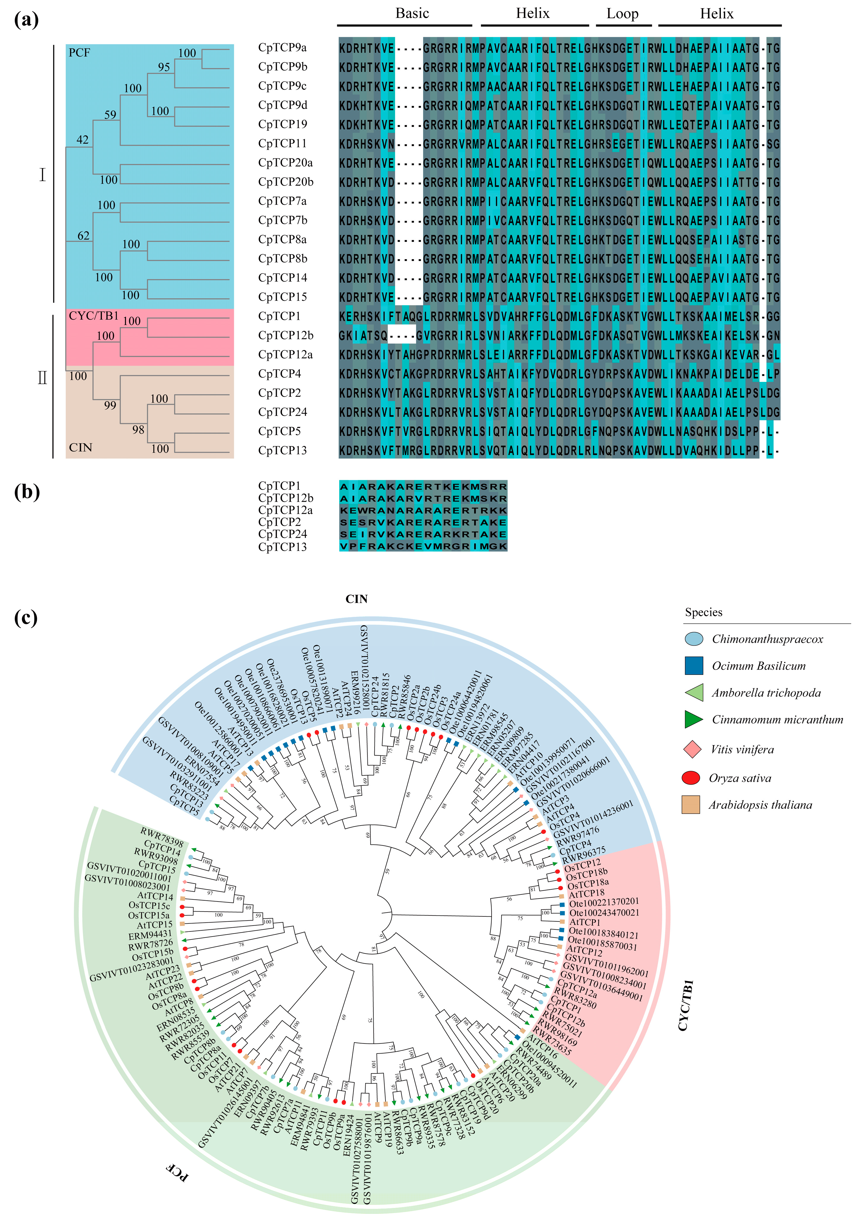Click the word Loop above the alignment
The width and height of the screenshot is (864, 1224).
[x=623, y=14]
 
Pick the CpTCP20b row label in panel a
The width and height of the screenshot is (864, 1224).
[x=285, y=182]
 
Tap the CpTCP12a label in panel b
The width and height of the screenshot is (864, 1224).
[x=285, y=510]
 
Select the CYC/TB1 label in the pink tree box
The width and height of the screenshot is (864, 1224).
[x=93, y=316]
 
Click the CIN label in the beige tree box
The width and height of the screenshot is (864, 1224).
[x=80, y=447]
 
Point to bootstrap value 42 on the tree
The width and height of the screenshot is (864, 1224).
[x=82, y=140]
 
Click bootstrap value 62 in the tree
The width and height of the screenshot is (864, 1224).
[x=83, y=236]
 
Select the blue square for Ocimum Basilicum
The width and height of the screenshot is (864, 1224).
[x=693, y=666]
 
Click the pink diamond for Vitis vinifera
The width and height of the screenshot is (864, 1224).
[x=692, y=749]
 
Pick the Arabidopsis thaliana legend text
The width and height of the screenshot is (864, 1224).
[x=760, y=805]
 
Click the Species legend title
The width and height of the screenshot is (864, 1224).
[x=704, y=612]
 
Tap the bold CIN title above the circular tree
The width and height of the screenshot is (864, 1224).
[x=356, y=599]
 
